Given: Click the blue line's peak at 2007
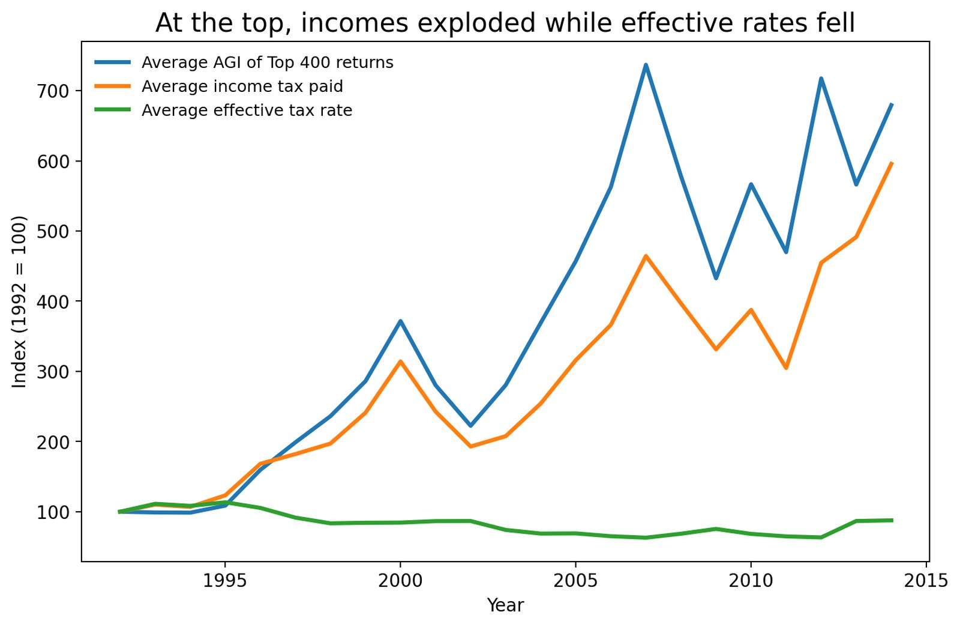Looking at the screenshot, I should [x=646, y=65].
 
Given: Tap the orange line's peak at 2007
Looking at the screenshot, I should [x=646, y=256].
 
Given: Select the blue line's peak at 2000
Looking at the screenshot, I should [x=400, y=321].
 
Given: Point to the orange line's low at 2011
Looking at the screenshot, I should [x=786, y=368].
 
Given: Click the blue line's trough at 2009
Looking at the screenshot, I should [x=716, y=278].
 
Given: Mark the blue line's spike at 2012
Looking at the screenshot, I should [x=821, y=79].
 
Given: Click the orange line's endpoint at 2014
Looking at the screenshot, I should [x=891, y=163].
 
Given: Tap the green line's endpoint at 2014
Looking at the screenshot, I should [x=891, y=520].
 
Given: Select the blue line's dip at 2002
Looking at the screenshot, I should [x=470, y=426].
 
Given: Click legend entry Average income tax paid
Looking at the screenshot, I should [x=242, y=86].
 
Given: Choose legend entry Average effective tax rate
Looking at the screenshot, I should [x=247, y=111].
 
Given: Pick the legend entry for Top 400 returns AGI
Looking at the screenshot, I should [x=267, y=62].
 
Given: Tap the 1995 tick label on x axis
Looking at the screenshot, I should [x=225, y=581].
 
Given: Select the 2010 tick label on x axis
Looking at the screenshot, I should [x=751, y=581].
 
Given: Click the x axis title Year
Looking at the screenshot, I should [x=505, y=605].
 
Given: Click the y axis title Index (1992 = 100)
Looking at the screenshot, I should [x=20, y=301].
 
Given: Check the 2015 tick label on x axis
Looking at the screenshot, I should [x=926, y=581].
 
